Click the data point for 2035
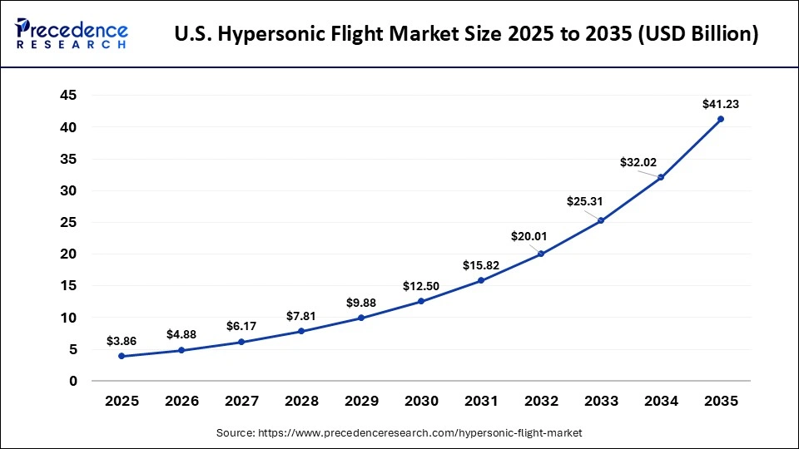pos(720,119)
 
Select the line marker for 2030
pos(421,301)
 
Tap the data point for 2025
pos(122,356)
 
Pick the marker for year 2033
pos(601,220)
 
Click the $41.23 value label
pos(720,104)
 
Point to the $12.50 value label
pos(420,286)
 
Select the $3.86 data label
pos(122,341)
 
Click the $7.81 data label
pos(301,316)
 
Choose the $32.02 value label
pos(638,162)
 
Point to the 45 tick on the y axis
pos(69,96)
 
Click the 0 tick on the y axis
pos(73,381)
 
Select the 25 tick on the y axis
pos(69,222)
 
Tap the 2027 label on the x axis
pos(241,402)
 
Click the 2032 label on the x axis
pos(541,402)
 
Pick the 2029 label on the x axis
pos(361,402)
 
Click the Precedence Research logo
pos(72,34)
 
